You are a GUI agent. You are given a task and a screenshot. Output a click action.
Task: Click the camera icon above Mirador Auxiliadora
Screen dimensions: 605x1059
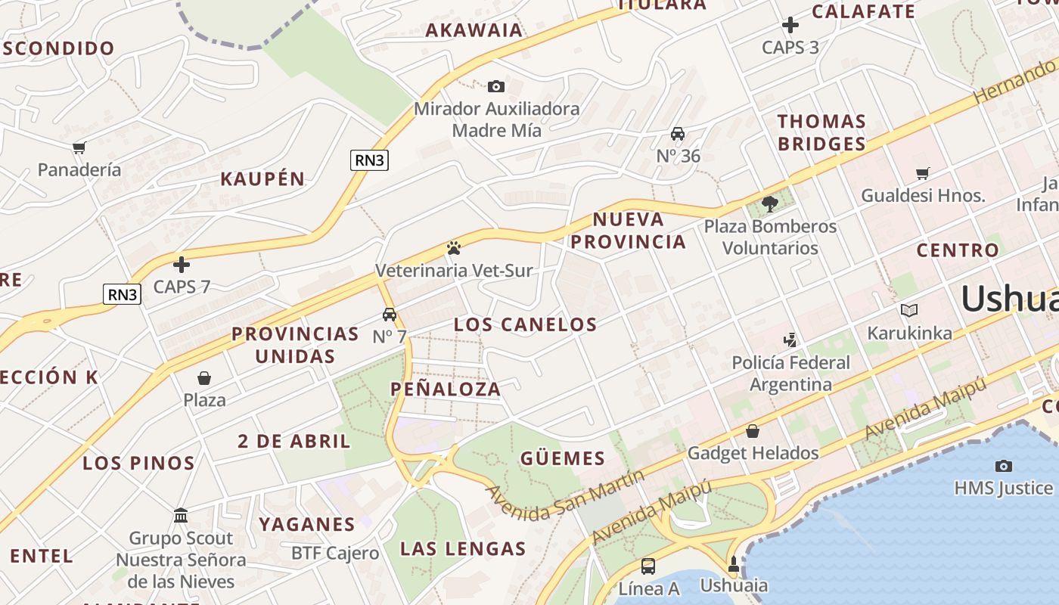[496, 86]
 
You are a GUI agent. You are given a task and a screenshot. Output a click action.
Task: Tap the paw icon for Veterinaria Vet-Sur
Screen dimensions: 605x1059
[454, 247]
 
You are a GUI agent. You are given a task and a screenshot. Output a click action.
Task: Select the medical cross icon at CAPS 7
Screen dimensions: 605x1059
[182, 265]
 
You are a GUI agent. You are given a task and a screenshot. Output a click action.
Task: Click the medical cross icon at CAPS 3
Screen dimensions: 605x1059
[790, 25]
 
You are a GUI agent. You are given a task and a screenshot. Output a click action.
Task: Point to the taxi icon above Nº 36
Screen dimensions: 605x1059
[678, 134]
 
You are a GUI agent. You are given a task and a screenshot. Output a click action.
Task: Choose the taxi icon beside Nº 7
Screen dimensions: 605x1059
[390, 315]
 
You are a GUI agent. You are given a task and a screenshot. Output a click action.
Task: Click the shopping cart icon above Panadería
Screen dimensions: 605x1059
[79, 147]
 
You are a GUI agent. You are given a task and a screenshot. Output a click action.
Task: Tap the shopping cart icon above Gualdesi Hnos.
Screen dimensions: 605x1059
[923, 174]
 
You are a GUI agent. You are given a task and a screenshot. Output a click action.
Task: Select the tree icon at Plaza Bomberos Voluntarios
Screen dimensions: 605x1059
[770, 203]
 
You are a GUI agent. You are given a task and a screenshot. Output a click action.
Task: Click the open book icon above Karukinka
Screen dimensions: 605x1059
[909, 310]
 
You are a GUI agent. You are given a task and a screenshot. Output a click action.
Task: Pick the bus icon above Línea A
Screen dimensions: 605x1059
[648, 566]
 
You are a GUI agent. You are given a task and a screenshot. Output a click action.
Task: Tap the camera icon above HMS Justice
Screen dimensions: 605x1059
[1004, 466]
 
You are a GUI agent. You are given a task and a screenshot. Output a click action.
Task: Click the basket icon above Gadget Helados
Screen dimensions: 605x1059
[753, 431]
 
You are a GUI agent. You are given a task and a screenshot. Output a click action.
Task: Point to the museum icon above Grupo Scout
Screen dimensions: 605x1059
[181, 516]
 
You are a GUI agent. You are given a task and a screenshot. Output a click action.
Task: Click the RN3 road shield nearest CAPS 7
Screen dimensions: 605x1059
[122, 294]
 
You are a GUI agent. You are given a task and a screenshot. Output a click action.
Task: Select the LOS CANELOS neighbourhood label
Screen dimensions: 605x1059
[526, 325]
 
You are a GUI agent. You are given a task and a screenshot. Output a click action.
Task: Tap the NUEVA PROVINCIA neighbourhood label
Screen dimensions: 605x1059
[628, 231]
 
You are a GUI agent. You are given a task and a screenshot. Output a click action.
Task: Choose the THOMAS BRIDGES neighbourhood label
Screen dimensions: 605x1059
[821, 132]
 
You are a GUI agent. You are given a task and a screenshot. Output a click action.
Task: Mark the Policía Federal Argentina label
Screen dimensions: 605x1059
[791, 374]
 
